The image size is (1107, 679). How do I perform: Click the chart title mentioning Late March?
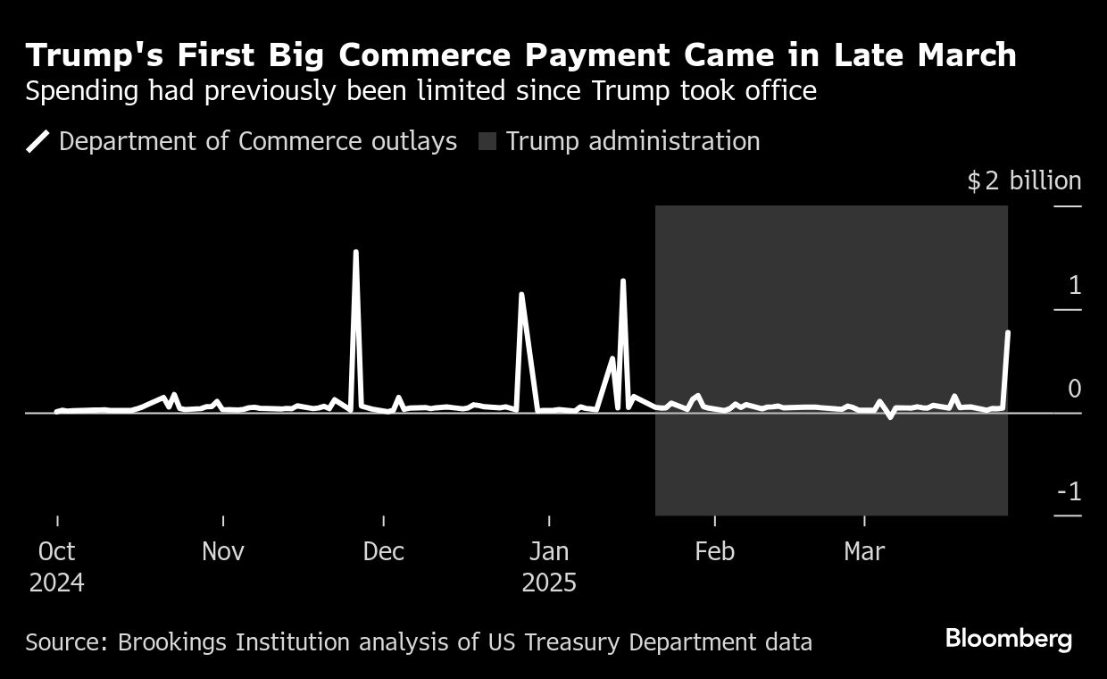click(x=520, y=55)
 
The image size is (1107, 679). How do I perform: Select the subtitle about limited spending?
click(x=420, y=91)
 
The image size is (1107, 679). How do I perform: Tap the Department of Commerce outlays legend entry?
click(x=257, y=141)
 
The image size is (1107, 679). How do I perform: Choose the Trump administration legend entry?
click(x=632, y=141)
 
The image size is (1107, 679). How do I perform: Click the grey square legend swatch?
click(x=487, y=141)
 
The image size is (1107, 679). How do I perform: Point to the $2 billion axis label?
click(x=1024, y=181)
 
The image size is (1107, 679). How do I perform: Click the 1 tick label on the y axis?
click(x=1074, y=286)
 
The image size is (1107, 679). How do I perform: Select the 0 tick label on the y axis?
click(x=1074, y=389)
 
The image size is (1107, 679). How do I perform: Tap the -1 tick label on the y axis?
click(x=1069, y=491)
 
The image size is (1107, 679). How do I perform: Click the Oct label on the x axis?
click(x=57, y=551)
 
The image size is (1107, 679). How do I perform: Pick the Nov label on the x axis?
click(x=222, y=551)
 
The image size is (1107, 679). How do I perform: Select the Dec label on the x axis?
click(x=383, y=551)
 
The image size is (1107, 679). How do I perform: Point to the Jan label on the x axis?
click(x=549, y=551)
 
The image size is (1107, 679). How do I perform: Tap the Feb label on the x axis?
click(x=714, y=551)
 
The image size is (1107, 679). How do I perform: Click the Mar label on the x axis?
click(x=864, y=551)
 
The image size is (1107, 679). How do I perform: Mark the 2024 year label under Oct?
click(x=57, y=583)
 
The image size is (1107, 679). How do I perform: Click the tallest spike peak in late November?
click(x=355, y=252)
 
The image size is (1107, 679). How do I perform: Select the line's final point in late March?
click(x=1008, y=332)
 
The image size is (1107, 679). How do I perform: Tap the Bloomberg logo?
click(x=1009, y=639)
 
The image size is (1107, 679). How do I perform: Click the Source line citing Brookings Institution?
click(x=419, y=641)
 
